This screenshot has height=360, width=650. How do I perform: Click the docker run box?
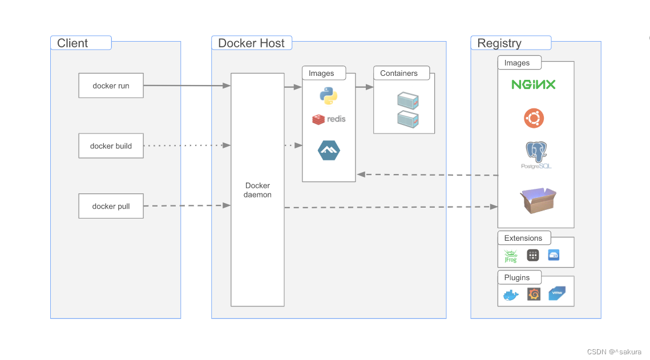click(x=111, y=86)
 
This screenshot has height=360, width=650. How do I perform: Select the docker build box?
click(x=111, y=146)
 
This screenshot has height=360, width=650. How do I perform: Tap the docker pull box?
click(x=111, y=206)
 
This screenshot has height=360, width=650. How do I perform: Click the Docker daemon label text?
click(x=257, y=190)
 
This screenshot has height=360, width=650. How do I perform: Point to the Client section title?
click(x=72, y=43)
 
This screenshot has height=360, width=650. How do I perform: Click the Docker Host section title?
click(x=251, y=43)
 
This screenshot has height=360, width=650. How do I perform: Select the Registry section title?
click(x=499, y=43)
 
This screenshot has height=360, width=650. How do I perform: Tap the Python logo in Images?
click(x=328, y=96)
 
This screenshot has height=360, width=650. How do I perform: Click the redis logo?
click(x=329, y=119)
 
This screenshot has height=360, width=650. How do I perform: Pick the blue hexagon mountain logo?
click(x=329, y=151)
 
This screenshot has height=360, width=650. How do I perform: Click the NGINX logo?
click(x=534, y=84)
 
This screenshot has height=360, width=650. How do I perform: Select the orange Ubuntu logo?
click(x=534, y=119)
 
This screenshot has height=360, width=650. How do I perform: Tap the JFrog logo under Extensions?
click(x=510, y=256)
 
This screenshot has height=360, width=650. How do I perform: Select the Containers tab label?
click(x=399, y=74)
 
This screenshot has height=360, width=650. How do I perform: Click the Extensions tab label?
click(x=523, y=238)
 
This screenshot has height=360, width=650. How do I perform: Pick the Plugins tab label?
click(x=517, y=277)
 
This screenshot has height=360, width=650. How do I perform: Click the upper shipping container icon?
click(x=408, y=101)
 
